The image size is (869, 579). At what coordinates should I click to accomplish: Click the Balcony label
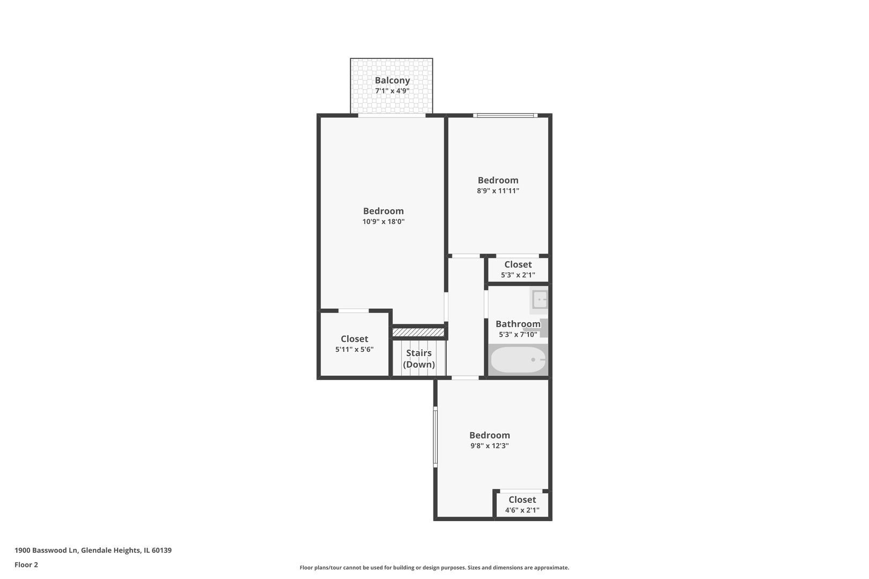(392, 80)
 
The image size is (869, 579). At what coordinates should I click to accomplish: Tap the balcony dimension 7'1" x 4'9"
(392, 91)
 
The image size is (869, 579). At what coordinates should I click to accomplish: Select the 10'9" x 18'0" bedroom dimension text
(384, 221)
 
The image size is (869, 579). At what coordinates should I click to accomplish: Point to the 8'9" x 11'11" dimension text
(498, 190)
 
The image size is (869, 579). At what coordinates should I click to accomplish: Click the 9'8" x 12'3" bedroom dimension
(490, 446)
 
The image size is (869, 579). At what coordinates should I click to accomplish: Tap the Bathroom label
(518, 324)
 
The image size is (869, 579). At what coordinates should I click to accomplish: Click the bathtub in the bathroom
(518, 360)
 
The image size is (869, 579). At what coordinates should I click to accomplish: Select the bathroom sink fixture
(539, 300)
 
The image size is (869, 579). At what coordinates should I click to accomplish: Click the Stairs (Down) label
(419, 358)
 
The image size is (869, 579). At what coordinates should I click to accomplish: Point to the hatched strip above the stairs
(418, 332)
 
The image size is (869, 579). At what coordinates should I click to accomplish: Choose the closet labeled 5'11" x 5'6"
(354, 344)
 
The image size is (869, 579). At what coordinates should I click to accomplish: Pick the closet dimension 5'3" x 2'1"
(518, 275)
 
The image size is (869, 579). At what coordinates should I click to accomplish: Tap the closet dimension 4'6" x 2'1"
(522, 510)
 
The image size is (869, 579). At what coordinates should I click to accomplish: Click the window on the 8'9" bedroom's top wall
(505, 115)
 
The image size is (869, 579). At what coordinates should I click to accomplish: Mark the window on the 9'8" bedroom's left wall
(435, 437)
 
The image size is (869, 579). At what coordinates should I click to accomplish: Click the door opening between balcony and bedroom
(392, 115)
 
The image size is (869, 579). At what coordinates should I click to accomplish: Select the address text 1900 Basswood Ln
(47, 550)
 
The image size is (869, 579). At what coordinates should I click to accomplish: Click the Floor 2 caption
(26, 565)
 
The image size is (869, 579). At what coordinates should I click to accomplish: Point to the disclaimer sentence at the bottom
(434, 567)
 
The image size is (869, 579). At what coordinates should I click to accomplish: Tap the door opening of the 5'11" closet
(354, 310)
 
